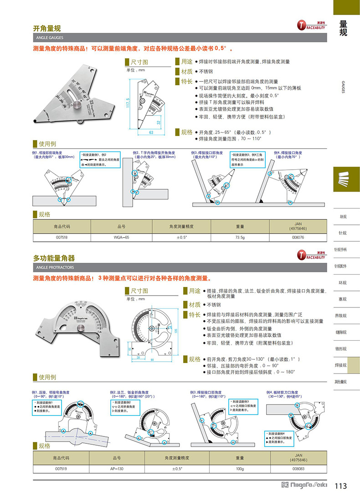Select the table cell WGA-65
tap(121, 237)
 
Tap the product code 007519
tap(62, 469)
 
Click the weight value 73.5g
tap(241, 237)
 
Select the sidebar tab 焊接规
tap(340, 365)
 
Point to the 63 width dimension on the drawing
tap(151, 132)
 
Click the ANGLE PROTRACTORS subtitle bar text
tap(54, 268)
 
